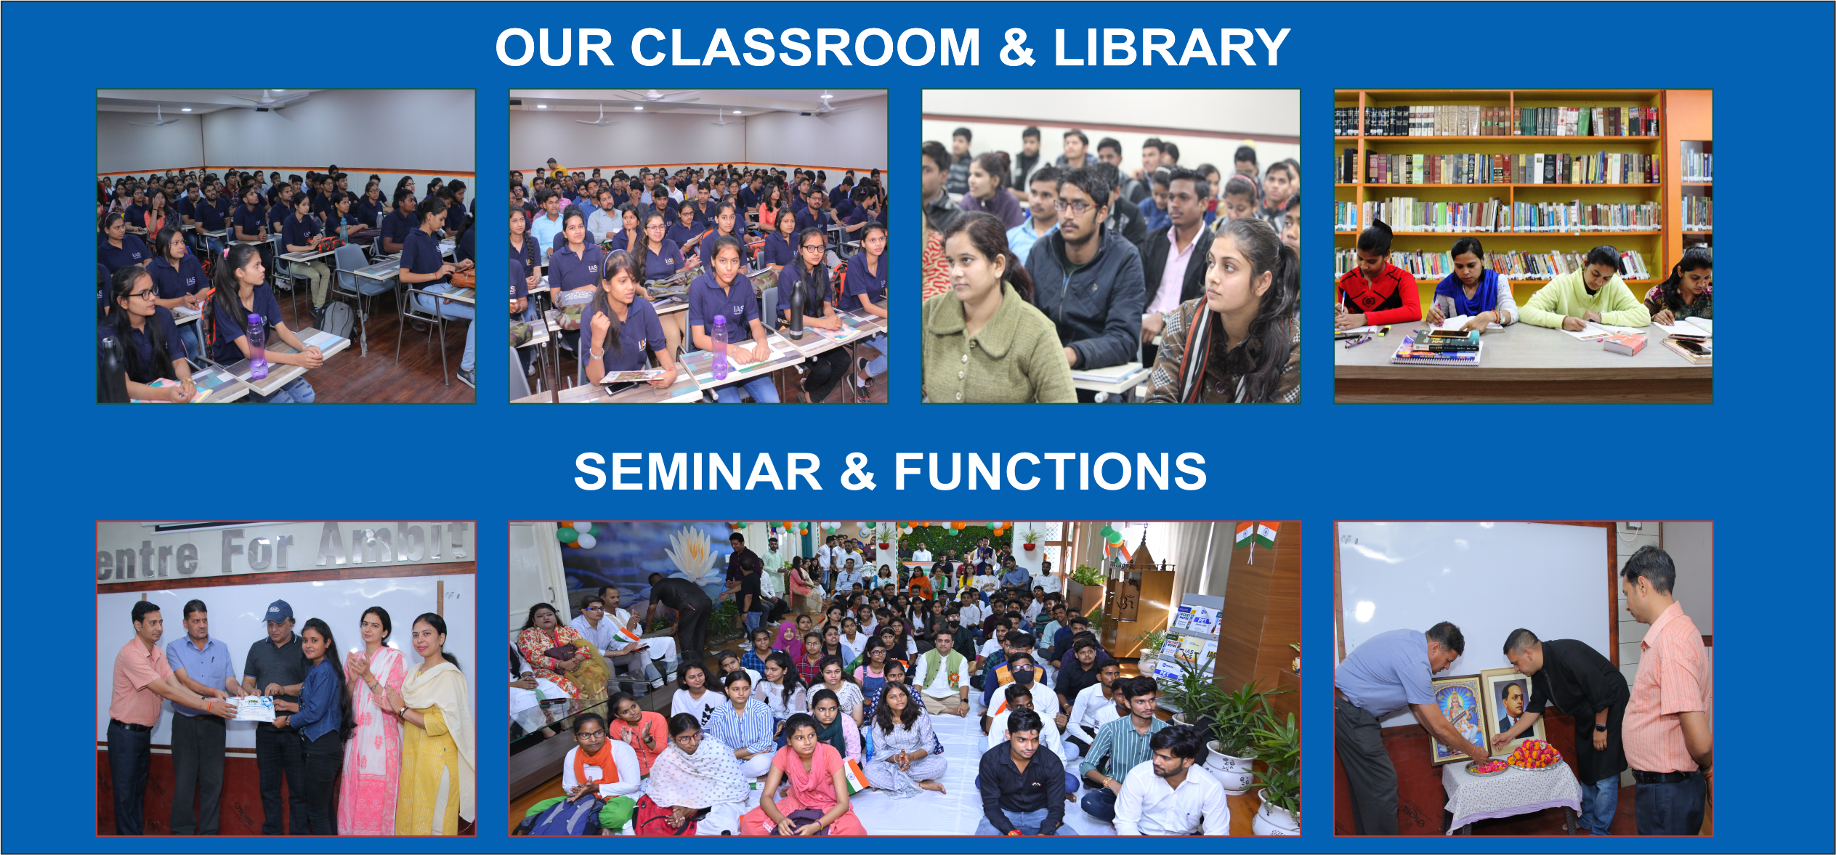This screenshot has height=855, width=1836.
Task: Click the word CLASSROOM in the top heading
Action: (805, 48)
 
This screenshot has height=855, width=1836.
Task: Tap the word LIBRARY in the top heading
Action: (1171, 48)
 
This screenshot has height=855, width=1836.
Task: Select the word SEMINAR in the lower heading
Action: (697, 471)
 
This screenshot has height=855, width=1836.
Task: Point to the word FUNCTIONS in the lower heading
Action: (1050, 471)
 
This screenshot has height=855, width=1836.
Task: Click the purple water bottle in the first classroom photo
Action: (256, 347)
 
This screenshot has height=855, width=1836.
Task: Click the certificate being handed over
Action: (251, 708)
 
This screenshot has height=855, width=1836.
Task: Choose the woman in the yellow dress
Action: (434, 726)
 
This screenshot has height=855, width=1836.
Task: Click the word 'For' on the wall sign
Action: (258, 551)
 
